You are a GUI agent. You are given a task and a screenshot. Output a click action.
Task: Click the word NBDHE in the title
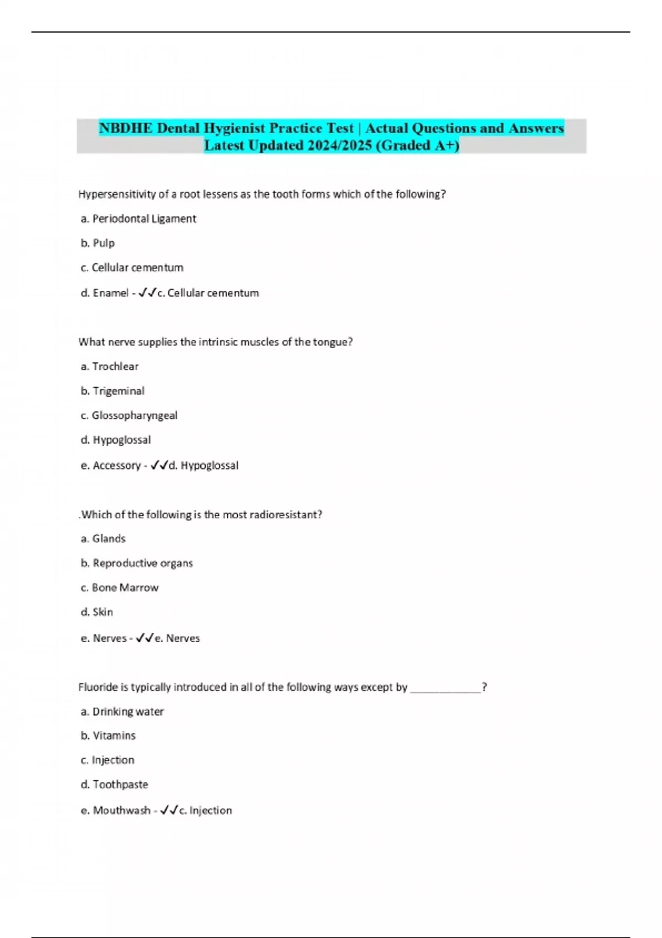click(x=126, y=128)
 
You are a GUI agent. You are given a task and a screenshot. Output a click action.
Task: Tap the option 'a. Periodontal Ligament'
click(x=138, y=218)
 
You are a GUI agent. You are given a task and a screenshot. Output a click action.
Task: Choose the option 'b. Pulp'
click(x=98, y=243)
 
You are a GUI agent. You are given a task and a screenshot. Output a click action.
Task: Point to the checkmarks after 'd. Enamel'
click(x=147, y=293)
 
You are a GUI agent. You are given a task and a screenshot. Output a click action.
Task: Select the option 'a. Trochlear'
click(x=109, y=366)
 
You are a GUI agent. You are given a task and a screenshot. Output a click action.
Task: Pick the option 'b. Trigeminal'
click(x=113, y=391)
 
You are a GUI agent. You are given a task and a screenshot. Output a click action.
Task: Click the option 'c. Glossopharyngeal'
click(x=129, y=415)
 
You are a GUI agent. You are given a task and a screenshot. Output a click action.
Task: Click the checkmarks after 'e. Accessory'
click(x=159, y=466)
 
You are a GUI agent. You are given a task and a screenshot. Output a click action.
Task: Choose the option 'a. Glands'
click(x=103, y=539)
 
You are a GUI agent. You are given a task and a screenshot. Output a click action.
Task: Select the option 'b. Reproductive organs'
click(x=137, y=563)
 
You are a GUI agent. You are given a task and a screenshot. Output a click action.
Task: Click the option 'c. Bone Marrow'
click(x=120, y=588)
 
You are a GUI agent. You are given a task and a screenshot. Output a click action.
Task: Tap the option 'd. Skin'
click(x=97, y=612)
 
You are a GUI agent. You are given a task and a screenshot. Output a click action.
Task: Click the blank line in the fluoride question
click(x=446, y=687)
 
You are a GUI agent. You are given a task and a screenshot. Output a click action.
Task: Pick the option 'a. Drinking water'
click(x=122, y=712)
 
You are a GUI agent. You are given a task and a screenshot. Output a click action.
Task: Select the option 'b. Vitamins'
click(x=108, y=736)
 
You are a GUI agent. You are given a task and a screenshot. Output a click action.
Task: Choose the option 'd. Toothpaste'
click(x=114, y=785)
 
